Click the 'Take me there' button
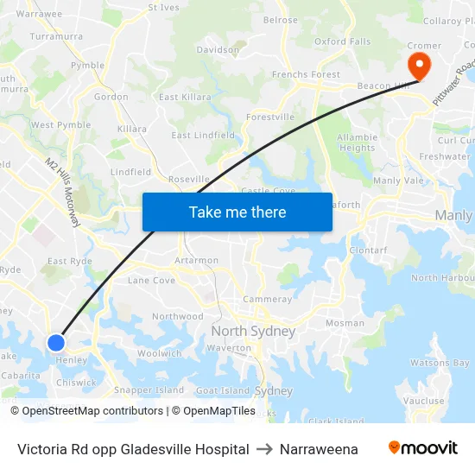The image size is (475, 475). tap(237, 212)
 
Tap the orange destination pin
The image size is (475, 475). tap(420, 64)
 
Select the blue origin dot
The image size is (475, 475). tap(56, 343)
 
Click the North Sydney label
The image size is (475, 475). tap(253, 331)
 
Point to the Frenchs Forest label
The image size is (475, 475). tap(307, 75)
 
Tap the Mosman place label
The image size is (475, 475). tap(345, 323)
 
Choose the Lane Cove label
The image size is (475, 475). tap(151, 280)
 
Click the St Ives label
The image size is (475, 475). tap(163, 8)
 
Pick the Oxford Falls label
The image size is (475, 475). tap(342, 41)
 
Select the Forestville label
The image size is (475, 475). tap(270, 117)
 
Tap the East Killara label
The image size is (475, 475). tap(185, 98)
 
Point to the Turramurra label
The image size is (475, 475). tap(56, 36)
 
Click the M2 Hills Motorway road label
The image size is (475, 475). tap(63, 192)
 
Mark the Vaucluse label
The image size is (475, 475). tap(425, 401)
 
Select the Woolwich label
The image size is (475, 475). tap(160, 353)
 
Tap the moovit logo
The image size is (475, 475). tap(423, 447)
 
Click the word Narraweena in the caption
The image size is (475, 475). tap(319, 449)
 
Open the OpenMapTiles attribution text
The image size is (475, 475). tap(213, 411)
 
